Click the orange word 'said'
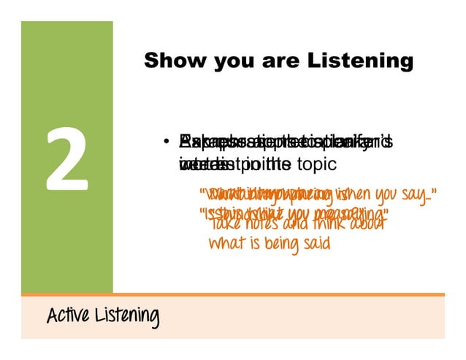click(313, 244)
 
